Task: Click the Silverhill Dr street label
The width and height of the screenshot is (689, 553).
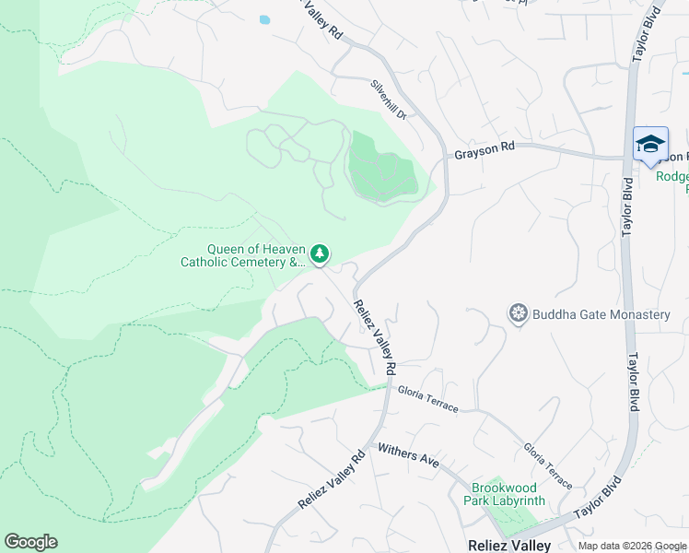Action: click(x=388, y=99)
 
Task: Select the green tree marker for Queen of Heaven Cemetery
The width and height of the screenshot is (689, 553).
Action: click(x=320, y=253)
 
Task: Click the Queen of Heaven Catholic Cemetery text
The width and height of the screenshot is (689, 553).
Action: click(x=242, y=255)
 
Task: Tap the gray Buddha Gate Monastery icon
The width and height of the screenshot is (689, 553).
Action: click(x=519, y=313)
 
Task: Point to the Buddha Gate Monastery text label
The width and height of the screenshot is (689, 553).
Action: click(x=601, y=314)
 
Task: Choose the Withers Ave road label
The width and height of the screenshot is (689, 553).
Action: click(x=409, y=454)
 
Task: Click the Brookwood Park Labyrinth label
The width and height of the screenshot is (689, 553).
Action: click(x=508, y=494)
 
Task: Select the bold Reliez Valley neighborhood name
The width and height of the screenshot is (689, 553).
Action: click(x=509, y=545)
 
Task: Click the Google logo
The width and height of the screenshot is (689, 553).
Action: click(x=30, y=542)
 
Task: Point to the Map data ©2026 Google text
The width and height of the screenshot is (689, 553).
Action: click(x=631, y=546)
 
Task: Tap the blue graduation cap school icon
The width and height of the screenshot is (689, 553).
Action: click(x=650, y=145)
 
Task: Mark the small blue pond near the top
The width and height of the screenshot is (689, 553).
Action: click(x=265, y=18)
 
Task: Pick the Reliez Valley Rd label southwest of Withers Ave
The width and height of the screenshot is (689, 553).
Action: click(x=333, y=479)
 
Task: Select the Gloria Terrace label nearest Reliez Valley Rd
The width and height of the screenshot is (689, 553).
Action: click(x=427, y=399)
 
